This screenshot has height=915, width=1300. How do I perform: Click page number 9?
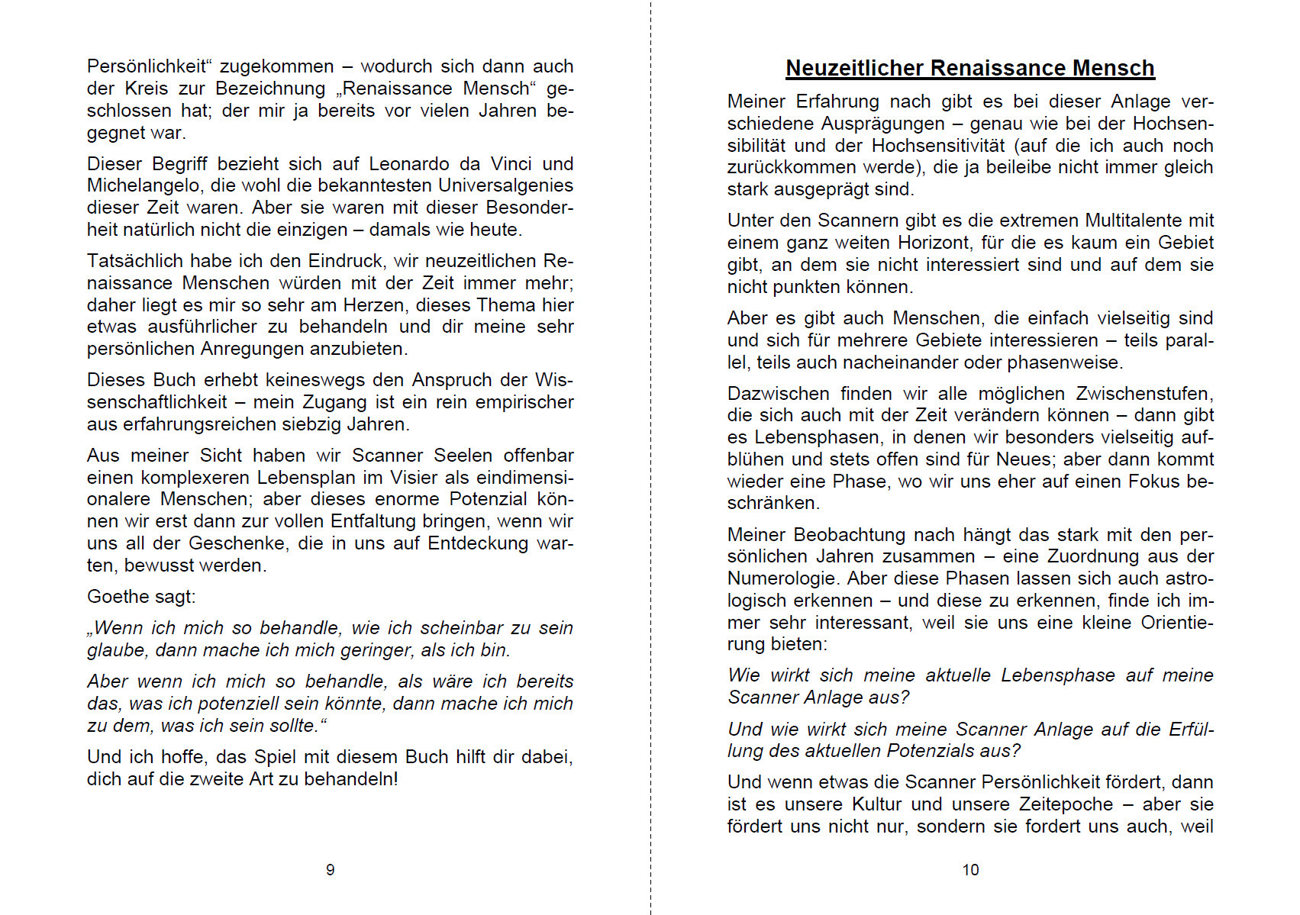(330, 870)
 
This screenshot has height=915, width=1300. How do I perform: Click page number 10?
(970, 870)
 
